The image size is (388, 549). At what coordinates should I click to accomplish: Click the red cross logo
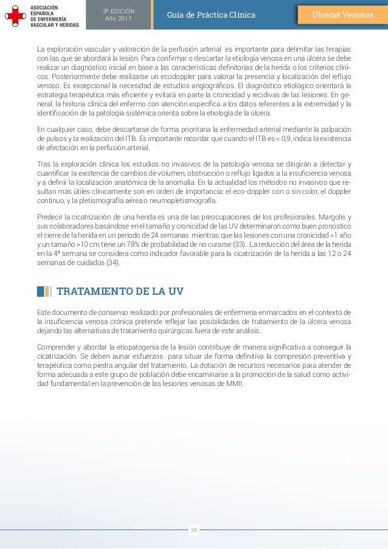[x=14, y=15]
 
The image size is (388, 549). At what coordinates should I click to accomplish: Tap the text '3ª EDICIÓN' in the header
[x=118, y=11]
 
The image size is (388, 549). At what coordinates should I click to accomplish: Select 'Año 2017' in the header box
[x=118, y=19]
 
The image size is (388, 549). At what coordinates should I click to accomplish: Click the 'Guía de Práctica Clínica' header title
[x=212, y=15]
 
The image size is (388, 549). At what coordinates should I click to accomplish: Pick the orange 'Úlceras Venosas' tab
[x=342, y=15]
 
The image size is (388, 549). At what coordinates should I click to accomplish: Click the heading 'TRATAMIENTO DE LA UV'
[x=120, y=291]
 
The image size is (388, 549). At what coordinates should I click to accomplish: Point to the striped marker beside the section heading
[x=44, y=291]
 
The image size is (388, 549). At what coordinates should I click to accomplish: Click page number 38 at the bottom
[x=194, y=530]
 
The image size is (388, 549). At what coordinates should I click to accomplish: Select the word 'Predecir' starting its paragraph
[x=50, y=218]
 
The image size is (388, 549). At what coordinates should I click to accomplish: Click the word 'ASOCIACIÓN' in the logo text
[x=44, y=6]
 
